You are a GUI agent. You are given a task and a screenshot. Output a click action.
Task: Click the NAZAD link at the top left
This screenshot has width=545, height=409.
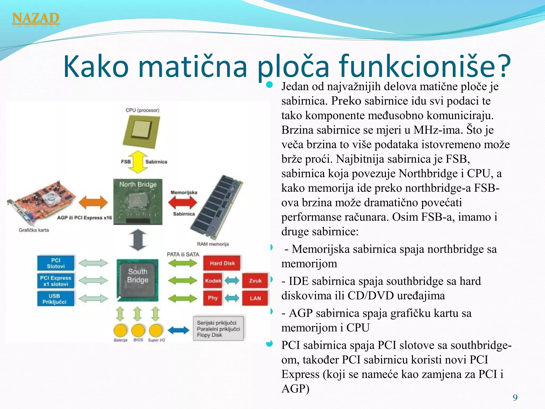click(36, 19)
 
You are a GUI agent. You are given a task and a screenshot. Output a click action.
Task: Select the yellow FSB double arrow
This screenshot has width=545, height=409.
click(138, 162)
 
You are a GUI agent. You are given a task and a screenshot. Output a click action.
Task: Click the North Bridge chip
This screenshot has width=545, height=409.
click(138, 202)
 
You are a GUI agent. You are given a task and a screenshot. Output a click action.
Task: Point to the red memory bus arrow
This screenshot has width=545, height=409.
click(183, 203)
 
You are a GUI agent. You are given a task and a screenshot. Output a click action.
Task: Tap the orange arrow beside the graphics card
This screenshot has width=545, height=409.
click(93, 203)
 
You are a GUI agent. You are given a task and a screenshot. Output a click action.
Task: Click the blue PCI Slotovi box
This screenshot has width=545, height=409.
click(56, 263)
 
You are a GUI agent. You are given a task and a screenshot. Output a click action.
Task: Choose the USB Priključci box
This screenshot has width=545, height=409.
click(56, 299)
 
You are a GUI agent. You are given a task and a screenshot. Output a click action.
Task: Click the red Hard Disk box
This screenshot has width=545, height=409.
click(222, 263)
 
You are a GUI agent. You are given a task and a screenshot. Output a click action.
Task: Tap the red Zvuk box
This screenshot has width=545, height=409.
click(255, 281)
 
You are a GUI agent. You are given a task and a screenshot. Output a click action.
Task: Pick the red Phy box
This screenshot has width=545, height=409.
click(213, 298)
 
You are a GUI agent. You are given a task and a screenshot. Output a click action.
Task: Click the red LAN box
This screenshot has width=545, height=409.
click(255, 298)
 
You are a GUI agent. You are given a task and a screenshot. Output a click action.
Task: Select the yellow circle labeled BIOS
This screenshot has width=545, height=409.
click(138, 331)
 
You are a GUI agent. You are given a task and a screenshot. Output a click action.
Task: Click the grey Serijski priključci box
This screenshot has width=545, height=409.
click(218, 329)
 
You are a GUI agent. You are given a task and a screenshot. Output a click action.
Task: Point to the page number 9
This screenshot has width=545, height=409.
click(515, 398)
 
